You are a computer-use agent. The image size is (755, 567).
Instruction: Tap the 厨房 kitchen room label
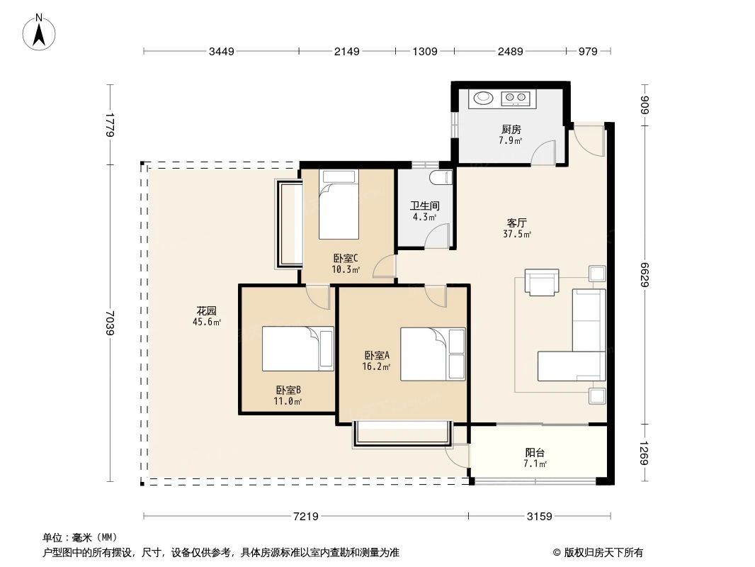(x=511, y=130)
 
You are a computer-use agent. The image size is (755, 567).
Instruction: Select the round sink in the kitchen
(x=484, y=99)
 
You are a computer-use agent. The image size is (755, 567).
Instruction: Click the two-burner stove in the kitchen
(x=515, y=99)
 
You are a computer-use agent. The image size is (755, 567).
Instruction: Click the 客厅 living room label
(x=516, y=222)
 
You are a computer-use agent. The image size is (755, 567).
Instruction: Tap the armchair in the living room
(x=542, y=282)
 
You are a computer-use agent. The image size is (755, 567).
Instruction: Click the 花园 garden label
(x=206, y=310)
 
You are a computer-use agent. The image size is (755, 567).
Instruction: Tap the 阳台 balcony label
(x=535, y=452)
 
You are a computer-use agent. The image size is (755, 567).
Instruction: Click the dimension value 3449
(x=221, y=51)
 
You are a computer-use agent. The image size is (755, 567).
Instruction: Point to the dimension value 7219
(x=306, y=516)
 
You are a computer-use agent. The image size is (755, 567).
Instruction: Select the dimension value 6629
(x=645, y=273)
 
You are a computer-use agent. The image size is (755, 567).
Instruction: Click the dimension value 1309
(x=425, y=51)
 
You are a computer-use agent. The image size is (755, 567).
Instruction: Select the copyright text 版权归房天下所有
(x=603, y=553)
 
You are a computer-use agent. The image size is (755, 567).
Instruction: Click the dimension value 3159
(x=539, y=516)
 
